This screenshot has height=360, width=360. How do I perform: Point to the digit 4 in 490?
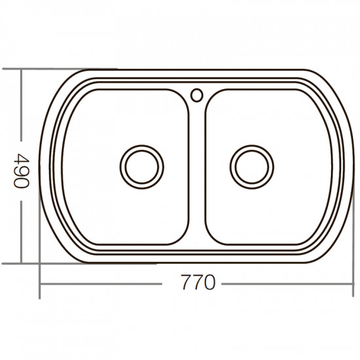(23, 158)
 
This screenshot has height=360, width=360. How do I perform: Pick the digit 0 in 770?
(209, 282)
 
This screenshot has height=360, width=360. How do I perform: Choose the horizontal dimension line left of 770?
(105, 284)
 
